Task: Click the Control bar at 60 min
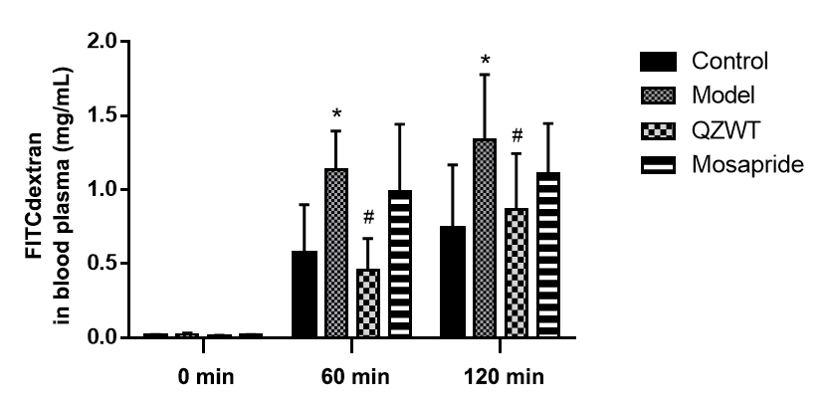(304, 295)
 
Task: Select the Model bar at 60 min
(336, 254)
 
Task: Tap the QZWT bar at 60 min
(368, 303)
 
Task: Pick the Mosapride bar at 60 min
(400, 264)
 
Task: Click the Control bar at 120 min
(453, 283)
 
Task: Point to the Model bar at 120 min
(485, 239)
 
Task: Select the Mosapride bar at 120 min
(548, 256)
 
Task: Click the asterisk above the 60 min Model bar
(336, 112)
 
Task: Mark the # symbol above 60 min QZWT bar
(368, 218)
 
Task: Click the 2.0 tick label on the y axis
(102, 42)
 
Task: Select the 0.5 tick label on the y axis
(102, 264)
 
